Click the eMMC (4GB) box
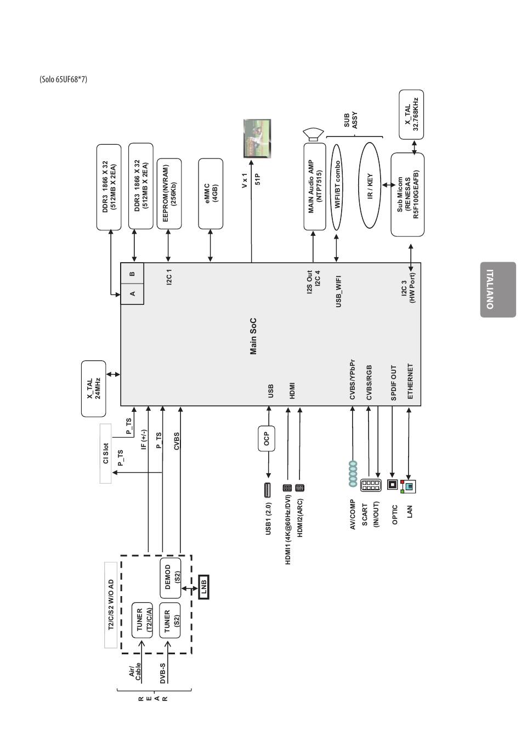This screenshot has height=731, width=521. click(x=211, y=194)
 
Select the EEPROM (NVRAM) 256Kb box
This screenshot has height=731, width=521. click(x=169, y=194)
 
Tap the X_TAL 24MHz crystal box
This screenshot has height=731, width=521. click(x=93, y=389)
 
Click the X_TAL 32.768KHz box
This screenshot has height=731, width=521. click(x=411, y=115)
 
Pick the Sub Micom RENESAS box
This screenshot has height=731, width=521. click(x=407, y=195)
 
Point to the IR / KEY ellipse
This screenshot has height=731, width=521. click(x=370, y=185)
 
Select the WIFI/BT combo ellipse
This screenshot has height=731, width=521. click(x=337, y=187)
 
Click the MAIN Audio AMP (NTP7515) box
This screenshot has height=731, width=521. click(x=315, y=186)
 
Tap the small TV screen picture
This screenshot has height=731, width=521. click(x=257, y=138)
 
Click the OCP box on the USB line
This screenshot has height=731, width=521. click(x=267, y=439)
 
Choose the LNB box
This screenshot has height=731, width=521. click(x=203, y=587)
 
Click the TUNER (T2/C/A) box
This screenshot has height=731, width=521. click(x=142, y=620)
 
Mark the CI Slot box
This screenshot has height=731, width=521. click(x=105, y=454)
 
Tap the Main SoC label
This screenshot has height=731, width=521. click(x=253, y=336)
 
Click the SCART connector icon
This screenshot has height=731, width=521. click(x=371, y=485)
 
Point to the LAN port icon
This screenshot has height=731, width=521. click(x=407, y=486)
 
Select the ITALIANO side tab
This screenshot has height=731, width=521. click(x=498, y=290)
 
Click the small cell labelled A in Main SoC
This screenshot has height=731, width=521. click(x=132, y=294)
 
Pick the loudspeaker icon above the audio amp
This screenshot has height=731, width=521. click(x=313, y=135)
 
